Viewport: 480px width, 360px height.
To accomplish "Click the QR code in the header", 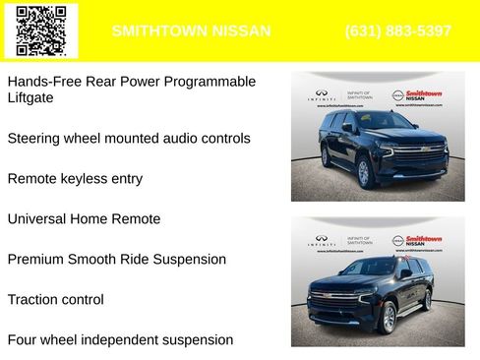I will (41, 30).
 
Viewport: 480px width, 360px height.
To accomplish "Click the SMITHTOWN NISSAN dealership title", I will (191, 30).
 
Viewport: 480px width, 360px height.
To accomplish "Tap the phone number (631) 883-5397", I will (398, 30).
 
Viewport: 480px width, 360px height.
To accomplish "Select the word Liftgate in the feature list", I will (30, 98).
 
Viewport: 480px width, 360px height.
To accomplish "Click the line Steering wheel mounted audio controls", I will (129, 139).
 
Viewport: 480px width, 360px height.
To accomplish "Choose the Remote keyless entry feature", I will (75, 179).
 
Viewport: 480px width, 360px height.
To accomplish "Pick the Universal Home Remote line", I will (84, 219).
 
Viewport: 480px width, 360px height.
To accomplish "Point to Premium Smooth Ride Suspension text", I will (117, 260).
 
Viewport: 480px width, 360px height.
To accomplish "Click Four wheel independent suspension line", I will (120, 340).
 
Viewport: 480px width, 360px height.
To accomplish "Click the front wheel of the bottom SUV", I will (388, 317).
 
